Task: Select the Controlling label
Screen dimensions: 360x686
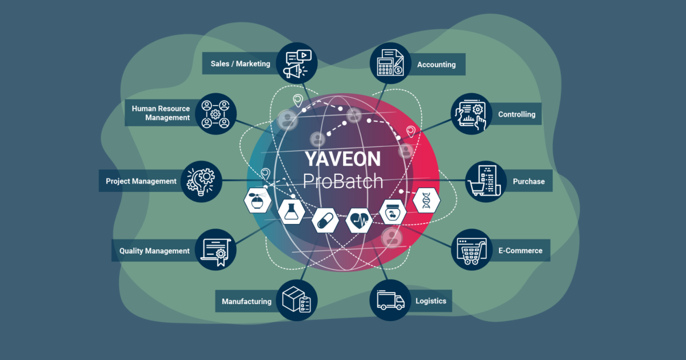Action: pyautogui.click(x=516, y=114)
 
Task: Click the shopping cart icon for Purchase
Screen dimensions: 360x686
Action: pyautogui.click(x=484, y=181)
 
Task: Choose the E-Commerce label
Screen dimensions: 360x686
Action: pyautogui.click(x=520, y=250)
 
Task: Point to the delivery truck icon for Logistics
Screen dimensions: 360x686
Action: pyautogui.click(x=390, y=300)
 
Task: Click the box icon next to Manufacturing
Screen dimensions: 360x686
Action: pyautogui.click(x=297, y=300)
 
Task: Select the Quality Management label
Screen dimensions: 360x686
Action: pyautogui.click(x=154, y=251)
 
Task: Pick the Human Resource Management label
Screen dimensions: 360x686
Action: pyautogui.click(x=160, y=113)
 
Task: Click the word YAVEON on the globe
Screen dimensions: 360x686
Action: pyautogui.click(x=342, y=158)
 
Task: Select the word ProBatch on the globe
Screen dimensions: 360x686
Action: pyautogui.click(x=342, y=181)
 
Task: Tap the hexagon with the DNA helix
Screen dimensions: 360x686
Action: pyautogui.click(x=426, y=200)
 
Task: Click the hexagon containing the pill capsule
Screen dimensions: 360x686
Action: pyautogui.click(x=326, y=220)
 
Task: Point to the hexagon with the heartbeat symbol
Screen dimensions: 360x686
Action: pyautogui.click(x=360, y=220)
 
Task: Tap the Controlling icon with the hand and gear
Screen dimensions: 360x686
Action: pyautogui.click(x=472, y=114)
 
